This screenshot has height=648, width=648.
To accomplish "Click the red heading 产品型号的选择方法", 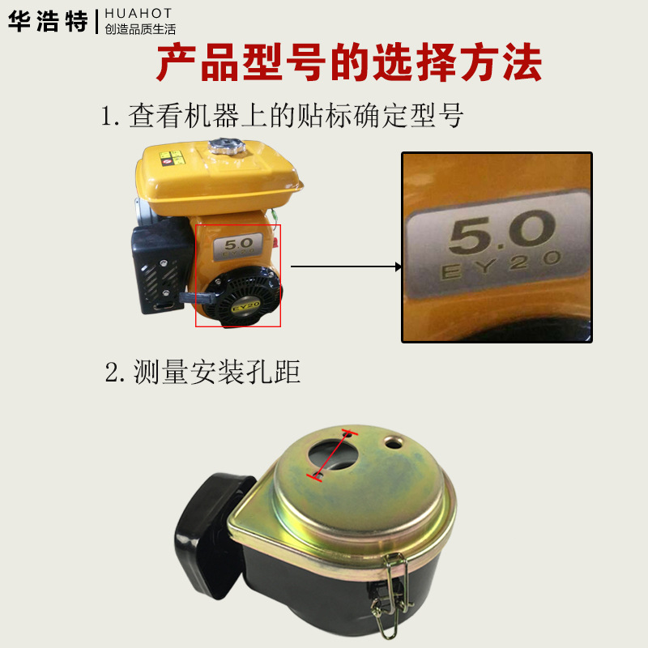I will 348,65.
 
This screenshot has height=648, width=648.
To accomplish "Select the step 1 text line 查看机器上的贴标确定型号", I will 282,116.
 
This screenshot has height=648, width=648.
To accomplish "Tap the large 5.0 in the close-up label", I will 497,234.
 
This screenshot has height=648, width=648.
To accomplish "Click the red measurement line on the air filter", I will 330,456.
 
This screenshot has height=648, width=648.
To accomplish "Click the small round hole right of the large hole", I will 394,442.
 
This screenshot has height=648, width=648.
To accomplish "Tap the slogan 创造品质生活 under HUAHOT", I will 140,29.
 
